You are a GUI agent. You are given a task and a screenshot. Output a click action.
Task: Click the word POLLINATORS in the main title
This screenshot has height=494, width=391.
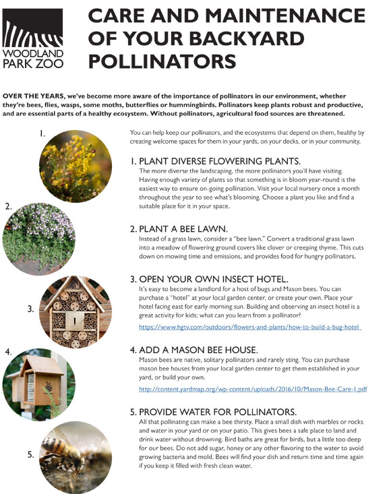pos(162,61)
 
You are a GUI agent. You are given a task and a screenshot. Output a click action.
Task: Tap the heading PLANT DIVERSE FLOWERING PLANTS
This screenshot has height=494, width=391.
pos(214,162)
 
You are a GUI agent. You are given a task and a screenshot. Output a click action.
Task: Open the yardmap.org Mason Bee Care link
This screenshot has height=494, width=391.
pos(253,390)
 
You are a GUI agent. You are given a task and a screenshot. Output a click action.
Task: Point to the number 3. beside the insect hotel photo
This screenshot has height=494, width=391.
pos(31,309)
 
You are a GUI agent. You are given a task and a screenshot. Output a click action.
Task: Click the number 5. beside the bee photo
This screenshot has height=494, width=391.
pos(31,455)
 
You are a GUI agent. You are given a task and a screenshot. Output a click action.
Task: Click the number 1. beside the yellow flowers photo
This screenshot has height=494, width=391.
pos(42,133)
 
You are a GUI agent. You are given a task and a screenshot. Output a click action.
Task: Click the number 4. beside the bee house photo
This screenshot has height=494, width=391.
pos(8,352)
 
